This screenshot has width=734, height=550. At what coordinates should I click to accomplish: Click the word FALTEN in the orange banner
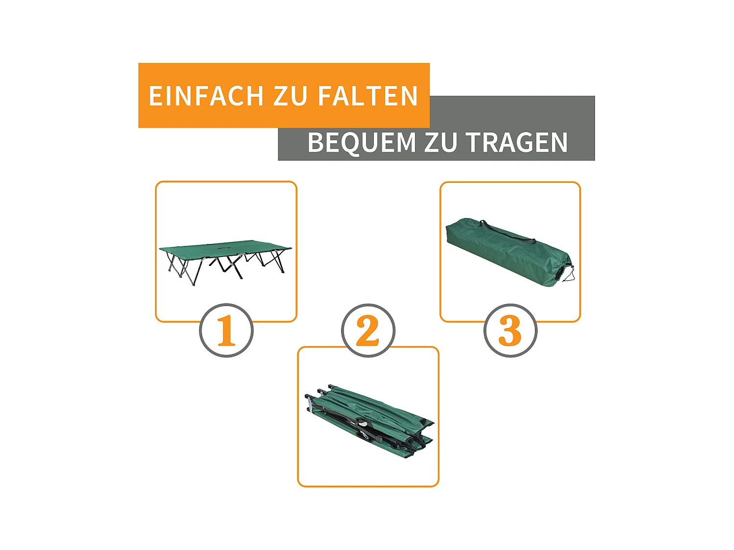(x=367, y=96)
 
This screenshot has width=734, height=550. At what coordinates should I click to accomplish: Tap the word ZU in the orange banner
(x=290, y=96)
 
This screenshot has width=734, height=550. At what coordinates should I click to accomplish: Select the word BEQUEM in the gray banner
(x=361, y=143)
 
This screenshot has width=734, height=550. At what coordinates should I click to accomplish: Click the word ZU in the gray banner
(x=440, y=143)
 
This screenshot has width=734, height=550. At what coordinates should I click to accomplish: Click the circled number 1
(x=226, y=331)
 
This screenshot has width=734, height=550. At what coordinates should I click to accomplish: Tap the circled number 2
(x=368, y=331)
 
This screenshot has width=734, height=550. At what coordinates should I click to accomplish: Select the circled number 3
(x=510, y=331)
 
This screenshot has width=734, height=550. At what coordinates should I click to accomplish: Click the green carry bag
(x=504, y=252)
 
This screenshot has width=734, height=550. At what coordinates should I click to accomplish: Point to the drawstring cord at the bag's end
(x=569, y=275)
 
